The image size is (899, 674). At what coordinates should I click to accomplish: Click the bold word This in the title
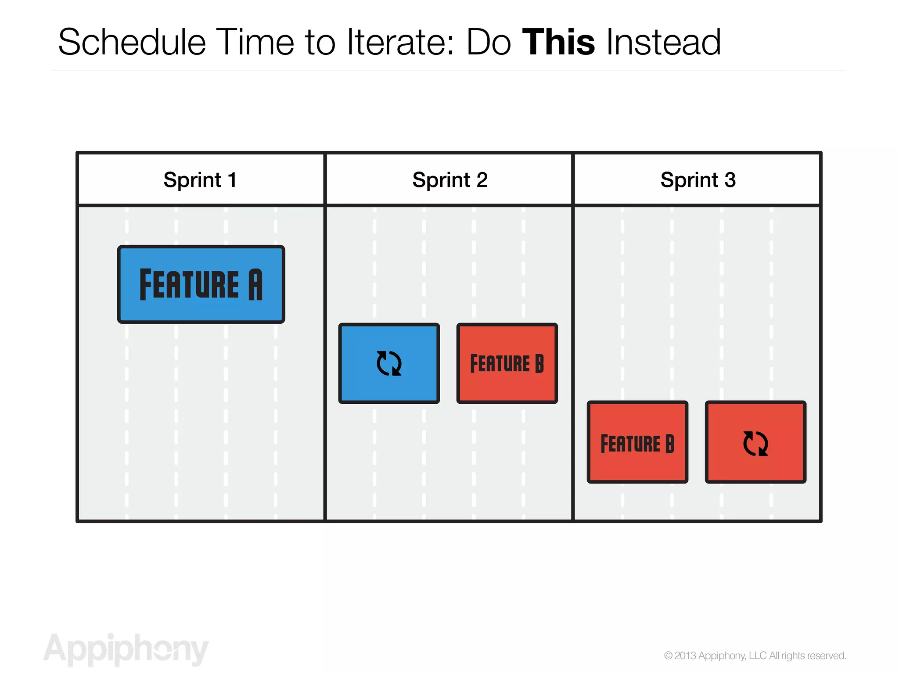[x=558, y=42]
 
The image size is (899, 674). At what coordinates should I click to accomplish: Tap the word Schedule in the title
[x=132, y=42]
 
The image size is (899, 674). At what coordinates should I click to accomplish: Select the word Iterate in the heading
[x=400, y=42]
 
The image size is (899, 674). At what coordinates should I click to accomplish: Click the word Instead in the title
[x=663, y=42]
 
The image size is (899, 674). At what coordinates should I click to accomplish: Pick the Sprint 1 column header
[x=200, y=180]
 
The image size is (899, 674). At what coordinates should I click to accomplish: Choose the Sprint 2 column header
[x=449, y=180]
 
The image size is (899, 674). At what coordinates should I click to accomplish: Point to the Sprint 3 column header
[x=698, y=180]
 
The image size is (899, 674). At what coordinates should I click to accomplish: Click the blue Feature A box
[x=201, y=284]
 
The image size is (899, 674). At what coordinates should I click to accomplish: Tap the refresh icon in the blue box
[x=389, y=363]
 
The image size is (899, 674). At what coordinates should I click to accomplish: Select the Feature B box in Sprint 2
[x=507, y=363]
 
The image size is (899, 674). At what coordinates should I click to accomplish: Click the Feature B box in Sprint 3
[x=637, y=443]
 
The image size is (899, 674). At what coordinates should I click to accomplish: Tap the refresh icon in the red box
[x=755, y=443]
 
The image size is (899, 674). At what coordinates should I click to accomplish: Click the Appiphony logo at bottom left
[x=126, y=649]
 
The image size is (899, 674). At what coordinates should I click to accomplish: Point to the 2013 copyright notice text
[x=755, y=656]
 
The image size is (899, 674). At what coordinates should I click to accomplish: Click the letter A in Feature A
[x=255, y=284]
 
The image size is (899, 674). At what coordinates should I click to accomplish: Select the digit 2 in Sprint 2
[x=482, y=180]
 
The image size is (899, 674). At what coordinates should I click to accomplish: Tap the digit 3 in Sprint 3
[x=730, y=180]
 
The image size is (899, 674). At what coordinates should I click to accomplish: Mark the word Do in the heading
[x=489, y=42]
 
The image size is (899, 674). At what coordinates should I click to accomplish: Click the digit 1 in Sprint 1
[x=233, y=180]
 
